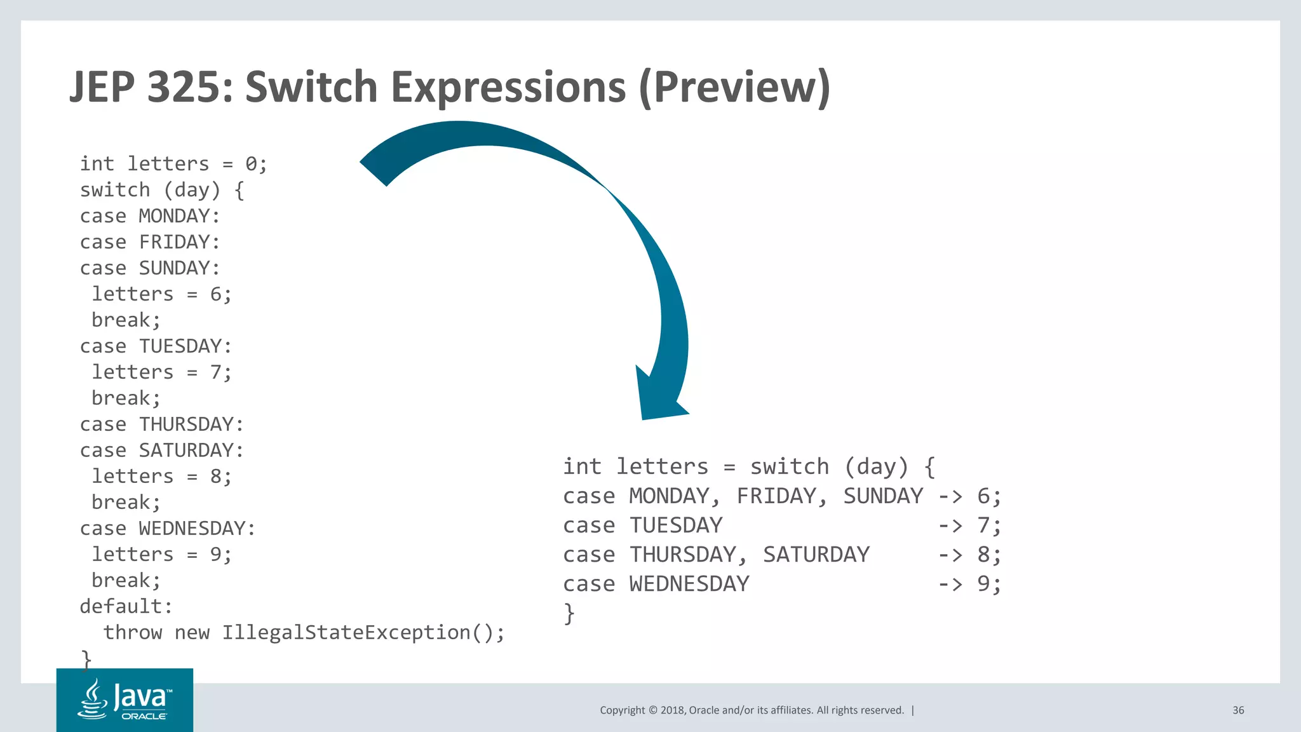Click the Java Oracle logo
(x=125, y=700)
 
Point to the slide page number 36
(x=1238, y=710)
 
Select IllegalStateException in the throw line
(x=346, y=633)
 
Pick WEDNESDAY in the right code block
(x=689, y=585)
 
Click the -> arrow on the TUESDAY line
(x=950, y=526)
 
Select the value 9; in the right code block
(x=988, y=585)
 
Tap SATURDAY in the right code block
(x=816, y=555)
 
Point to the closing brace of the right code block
(x=569, y=614)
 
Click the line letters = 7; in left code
(x=161, y=372)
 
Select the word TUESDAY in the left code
(x=180, y=346)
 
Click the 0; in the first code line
(x=256, y=165)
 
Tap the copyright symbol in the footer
(x=652, y=710)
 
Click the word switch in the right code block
(x=790, y=467)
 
